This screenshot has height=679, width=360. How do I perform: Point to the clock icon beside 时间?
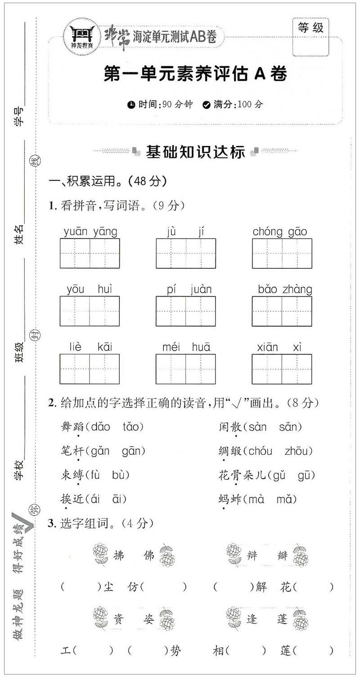tap(131, 105)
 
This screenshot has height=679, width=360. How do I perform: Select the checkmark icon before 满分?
tap(207, 105)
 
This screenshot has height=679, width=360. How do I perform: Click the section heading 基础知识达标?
tap(195, 152)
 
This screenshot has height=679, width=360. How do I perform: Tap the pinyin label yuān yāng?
tap(90, 232)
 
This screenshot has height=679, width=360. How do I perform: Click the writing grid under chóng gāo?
tap(282, 253)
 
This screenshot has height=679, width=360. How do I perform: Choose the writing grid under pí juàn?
tap(186, 311)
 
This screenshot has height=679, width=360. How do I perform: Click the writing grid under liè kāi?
tap(90, 369)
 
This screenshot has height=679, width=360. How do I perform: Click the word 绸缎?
tap(230, 451)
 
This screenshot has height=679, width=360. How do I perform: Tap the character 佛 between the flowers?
tap(149, 555)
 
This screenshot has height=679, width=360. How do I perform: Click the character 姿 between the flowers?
tap(149, 619)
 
